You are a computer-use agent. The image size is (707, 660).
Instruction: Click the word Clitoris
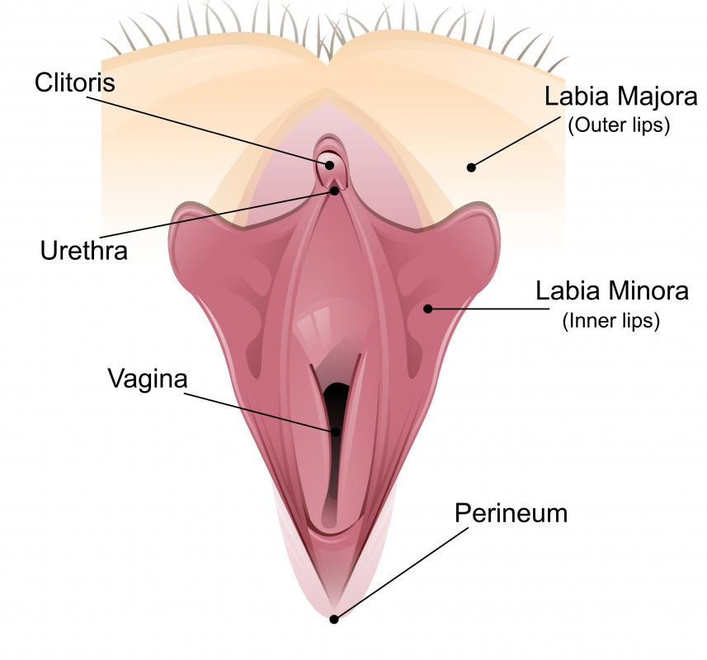tap(75, 82)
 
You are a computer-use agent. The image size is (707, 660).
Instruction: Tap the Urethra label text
tap(84, 251)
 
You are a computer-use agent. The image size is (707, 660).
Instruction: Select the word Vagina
tap(148, 379)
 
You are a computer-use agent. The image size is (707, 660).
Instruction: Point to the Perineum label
tap(511, 513)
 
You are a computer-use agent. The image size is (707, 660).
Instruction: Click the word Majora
tap(652, 97)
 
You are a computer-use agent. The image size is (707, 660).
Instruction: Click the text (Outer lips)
tap(619, 125)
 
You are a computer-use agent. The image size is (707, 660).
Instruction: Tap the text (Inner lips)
tap(611, 322)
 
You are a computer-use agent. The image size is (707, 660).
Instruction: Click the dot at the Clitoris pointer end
tap(330, 166)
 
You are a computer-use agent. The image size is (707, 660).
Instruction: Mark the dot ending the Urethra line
tap(335, 191)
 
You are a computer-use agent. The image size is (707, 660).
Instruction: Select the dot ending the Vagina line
tap(336, 431)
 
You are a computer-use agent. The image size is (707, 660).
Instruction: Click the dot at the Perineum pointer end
tap(334, 620)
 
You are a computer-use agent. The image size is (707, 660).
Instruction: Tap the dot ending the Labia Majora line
tap(472, 167)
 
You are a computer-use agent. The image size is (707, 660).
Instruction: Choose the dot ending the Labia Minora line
tap(428, 309)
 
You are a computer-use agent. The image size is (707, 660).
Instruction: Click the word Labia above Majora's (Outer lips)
tap(573, 97)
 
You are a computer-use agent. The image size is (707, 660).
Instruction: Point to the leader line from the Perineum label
tap(401, 574)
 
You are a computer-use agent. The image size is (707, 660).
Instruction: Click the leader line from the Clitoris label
tap(208, 130)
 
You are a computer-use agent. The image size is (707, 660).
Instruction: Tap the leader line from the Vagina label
tap(260, 412)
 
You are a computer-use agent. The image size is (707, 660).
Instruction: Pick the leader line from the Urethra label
tap(217, 214)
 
